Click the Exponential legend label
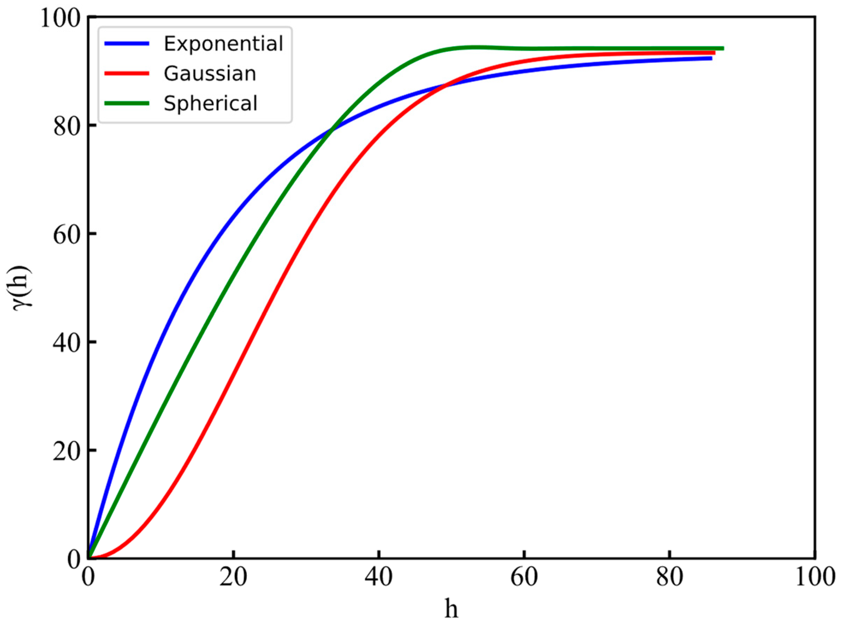(223, 44)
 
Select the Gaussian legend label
(210, 73)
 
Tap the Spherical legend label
(210, 103)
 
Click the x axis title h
(451, 609)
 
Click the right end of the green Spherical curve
(723, 48)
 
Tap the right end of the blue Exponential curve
(711, 58)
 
